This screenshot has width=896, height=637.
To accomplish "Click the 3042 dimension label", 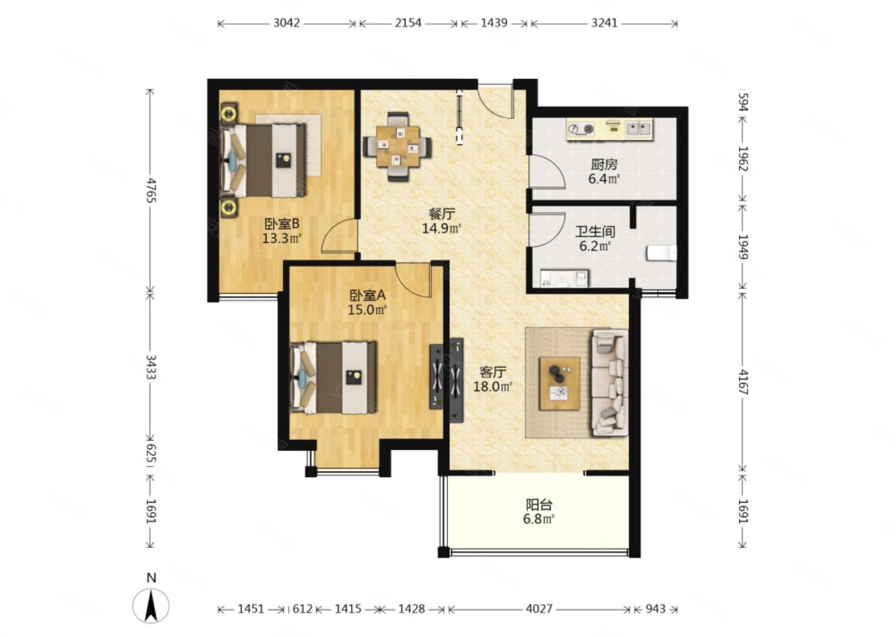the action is (286, 23).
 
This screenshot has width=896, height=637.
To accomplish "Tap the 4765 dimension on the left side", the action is (151, 191).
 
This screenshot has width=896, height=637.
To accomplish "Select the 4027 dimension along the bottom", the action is (539, 609).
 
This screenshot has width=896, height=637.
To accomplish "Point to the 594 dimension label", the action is (743, 102).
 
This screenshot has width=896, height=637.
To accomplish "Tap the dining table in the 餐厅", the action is (398, 146).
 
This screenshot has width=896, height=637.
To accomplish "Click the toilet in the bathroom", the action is (661, 254).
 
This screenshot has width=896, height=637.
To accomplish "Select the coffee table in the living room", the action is (559, 383).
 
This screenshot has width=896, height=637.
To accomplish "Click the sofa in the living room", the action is (610, 383).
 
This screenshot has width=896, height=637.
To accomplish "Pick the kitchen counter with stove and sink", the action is (610, 129).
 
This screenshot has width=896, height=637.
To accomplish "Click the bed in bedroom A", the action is (334, 378).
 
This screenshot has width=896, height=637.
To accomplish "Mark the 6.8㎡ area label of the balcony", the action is (539, 519).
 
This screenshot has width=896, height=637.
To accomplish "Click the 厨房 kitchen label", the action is (604, 164).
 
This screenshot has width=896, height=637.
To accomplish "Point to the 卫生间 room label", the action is (595, 231).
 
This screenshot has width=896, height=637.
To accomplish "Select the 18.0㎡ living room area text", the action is (493, 387).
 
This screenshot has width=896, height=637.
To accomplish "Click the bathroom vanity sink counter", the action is (564, 278).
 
